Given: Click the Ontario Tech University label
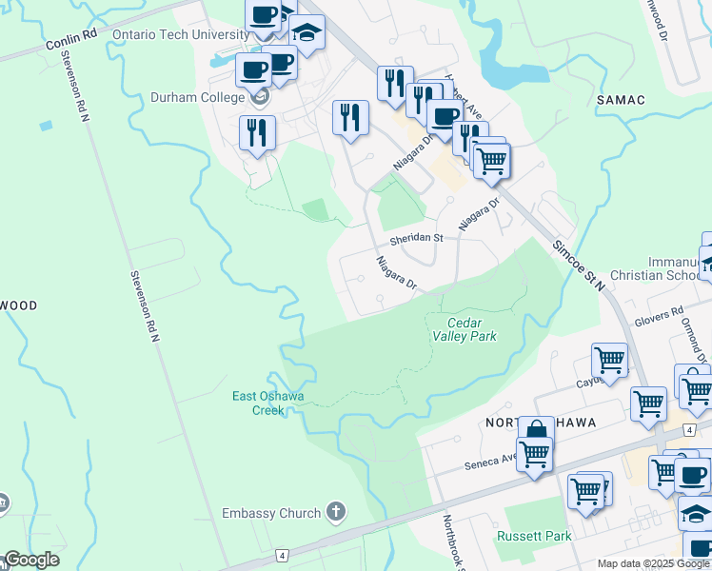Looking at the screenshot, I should pyautogui.click(x=180, y=34).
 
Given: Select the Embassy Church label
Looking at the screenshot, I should pyautogui.click(x=271, y=513).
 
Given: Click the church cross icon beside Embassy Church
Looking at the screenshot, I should pyautogui.click(x=335, y=512).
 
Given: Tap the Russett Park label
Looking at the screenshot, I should pyautogui.click(x=534, y=536).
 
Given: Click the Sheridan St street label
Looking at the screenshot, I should pyautogui.click(x=416, y=238).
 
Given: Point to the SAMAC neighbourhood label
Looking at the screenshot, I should pyautogui.click(x=621, y=99).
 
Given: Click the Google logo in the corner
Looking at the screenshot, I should pyautogui.click(x=31, y=560).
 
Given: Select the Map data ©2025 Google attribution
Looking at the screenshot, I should pyautogui.click(x=654, y=563).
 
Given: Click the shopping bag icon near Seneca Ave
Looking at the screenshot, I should pyautogui.click(x=536, y=431).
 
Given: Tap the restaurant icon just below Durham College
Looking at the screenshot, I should pyautogui.click(x=257, y=132).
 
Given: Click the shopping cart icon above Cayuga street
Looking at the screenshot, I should pyautogui.click(x=609, y=361).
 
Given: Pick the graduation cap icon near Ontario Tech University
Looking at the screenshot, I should pyautogui.click(x=307, y=32).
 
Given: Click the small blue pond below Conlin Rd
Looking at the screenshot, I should pyautogui.click(x=46, y=125).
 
